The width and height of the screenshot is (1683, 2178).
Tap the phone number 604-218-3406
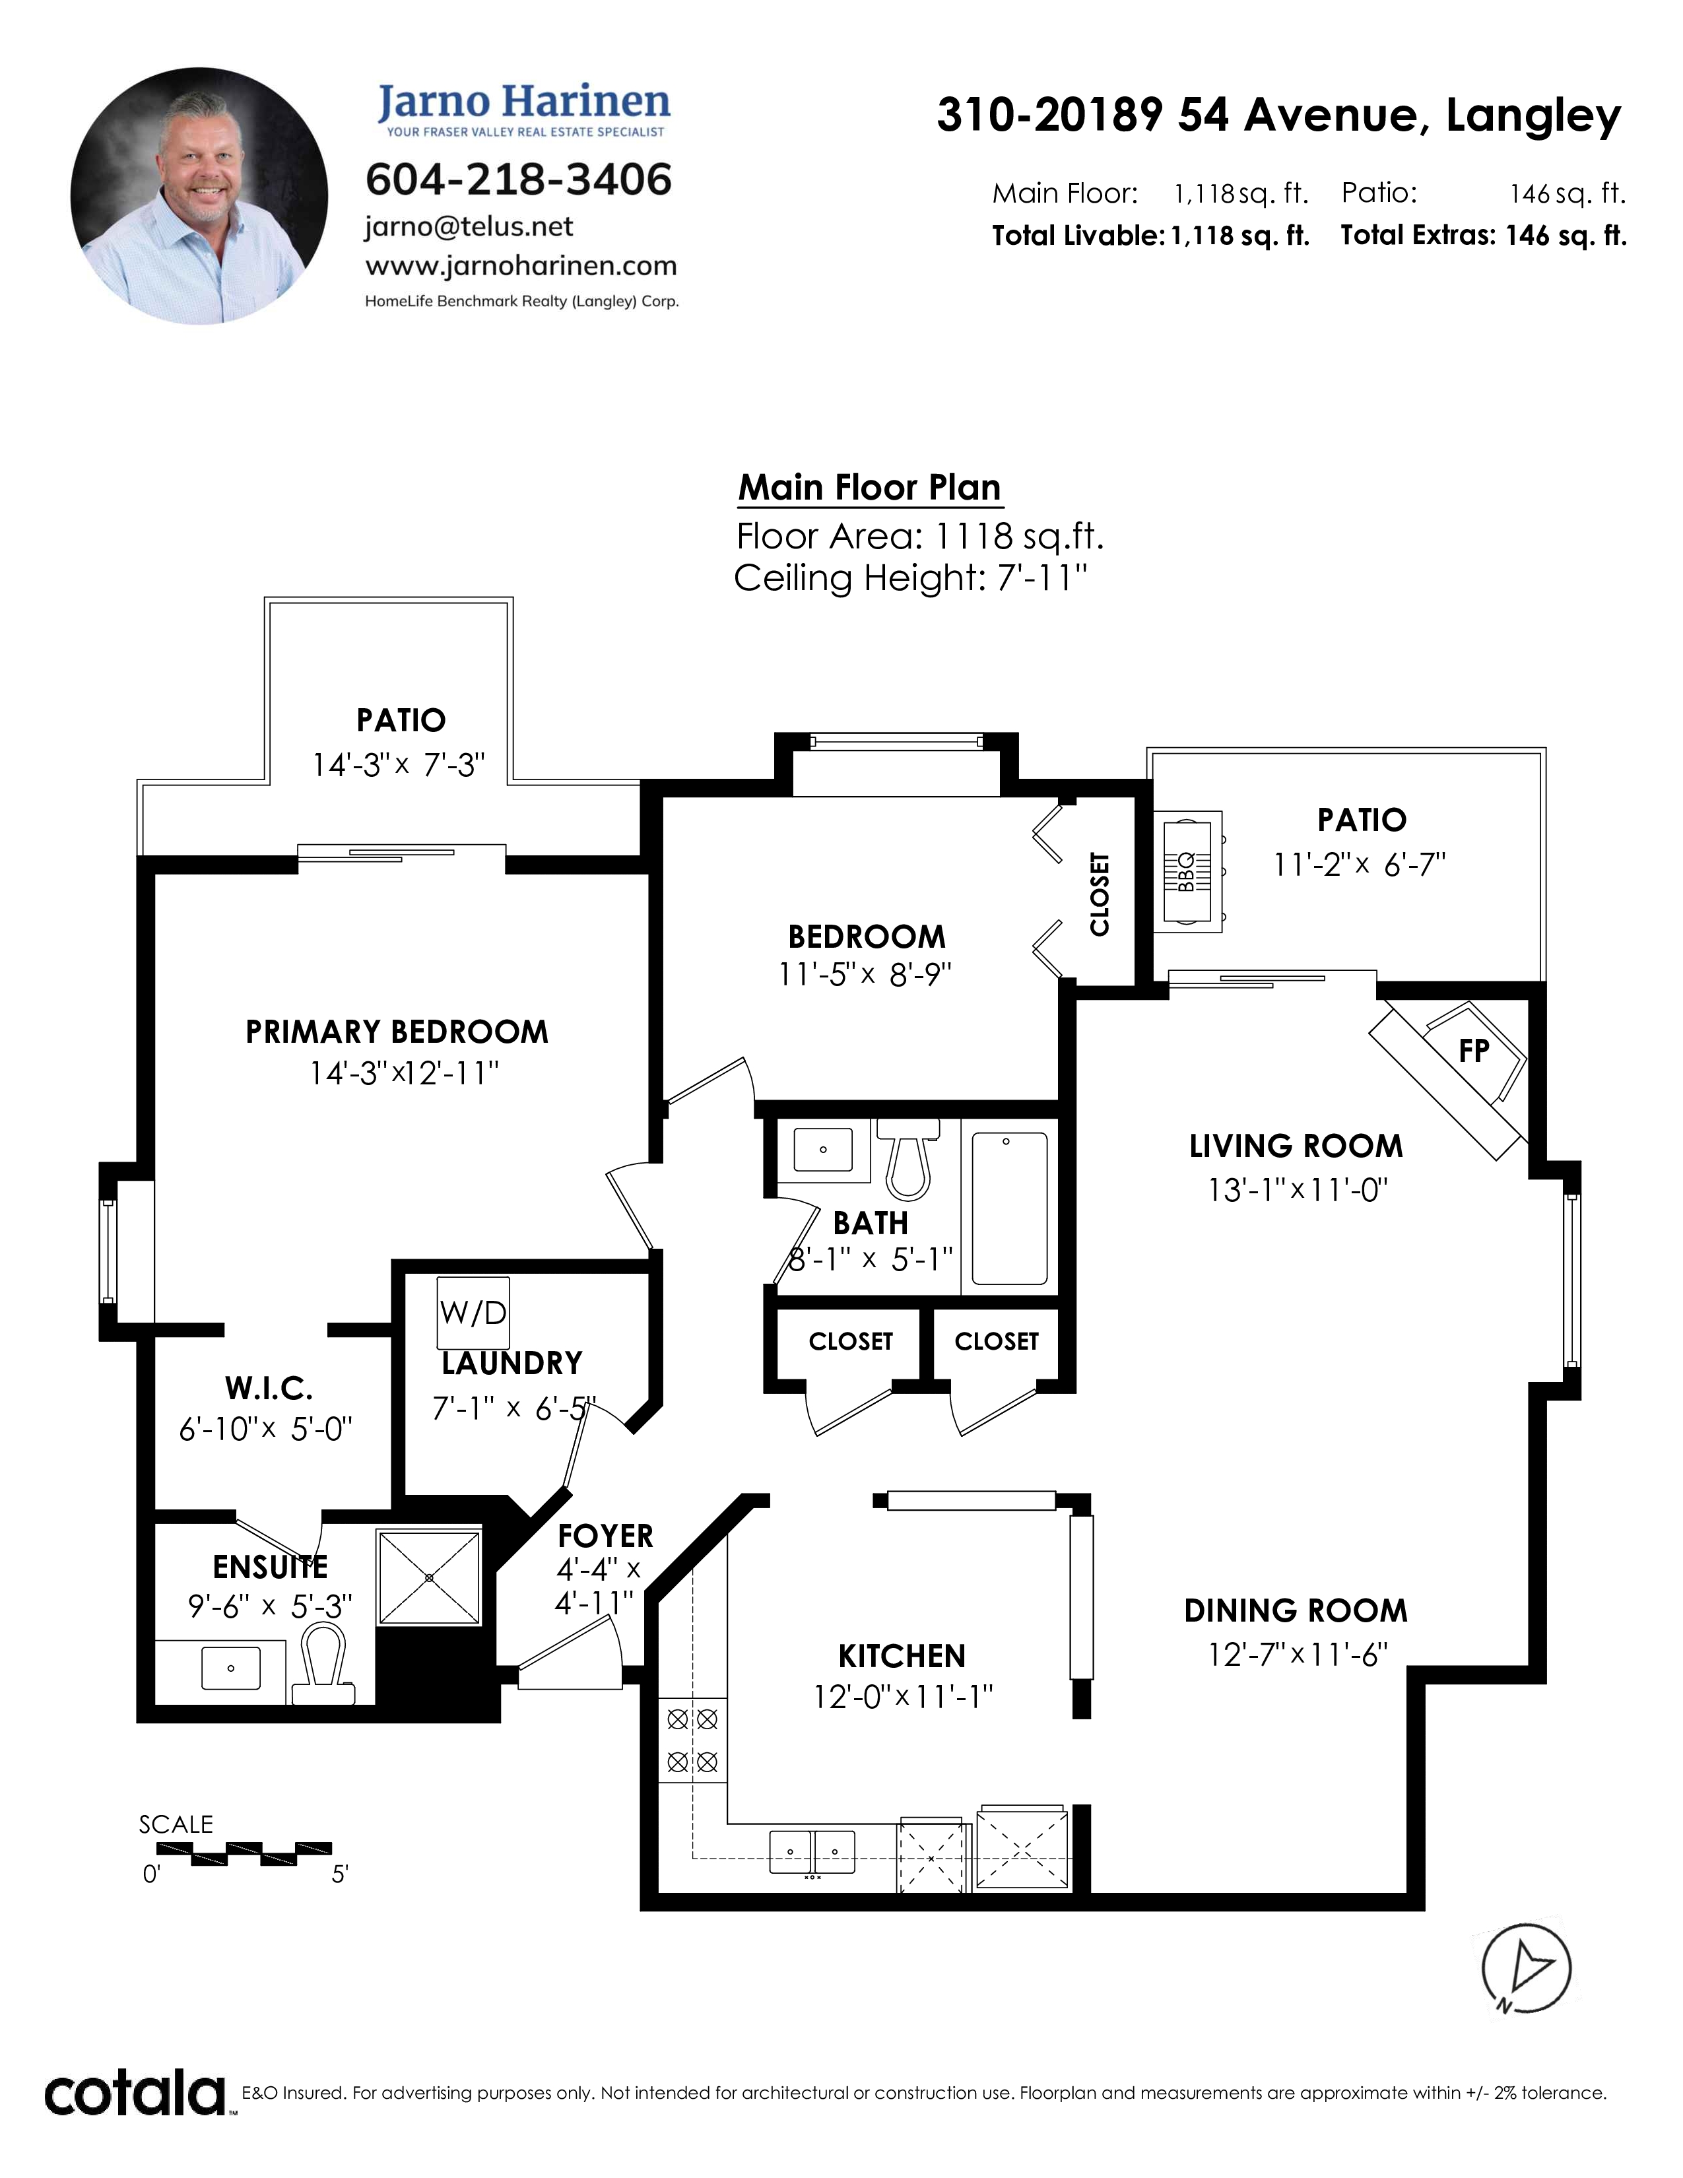point(519,180)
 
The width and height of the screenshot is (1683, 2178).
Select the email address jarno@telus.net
point(469,228)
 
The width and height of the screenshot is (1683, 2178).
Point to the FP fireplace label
point(1474,1050)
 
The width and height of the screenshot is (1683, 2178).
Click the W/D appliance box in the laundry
point(474,1312)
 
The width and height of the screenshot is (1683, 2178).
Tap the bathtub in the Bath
point(1009,1208)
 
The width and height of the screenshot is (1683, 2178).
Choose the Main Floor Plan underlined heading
point(869,488)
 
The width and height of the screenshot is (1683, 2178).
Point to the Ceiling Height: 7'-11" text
point(910,578)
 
